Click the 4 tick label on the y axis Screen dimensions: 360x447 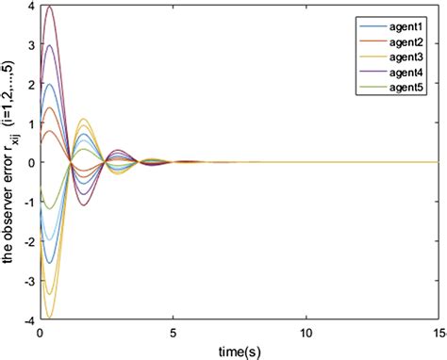pyautogui.click(x=31, y=7)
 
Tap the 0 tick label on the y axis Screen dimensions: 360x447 pyautogui.click(x=31, y=162)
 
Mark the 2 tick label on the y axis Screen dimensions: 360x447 pyautogui.click(x=31, y=84)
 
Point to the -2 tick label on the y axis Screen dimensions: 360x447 pyautogui.click(x=28, y=240)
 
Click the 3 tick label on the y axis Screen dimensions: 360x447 pyautogui.click(x=31, y=45)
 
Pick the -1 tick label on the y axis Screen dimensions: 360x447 pyautogui.click(x=28, y=201)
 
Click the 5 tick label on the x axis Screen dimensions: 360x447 pyautogui.click(x=173, y=333)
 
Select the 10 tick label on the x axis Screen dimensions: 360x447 pyautogui.click(x=306, y=333)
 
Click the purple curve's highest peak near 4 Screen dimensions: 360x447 pyautogui.click(x=49, y=8)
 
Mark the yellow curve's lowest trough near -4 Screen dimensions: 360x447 pyautogui.click(x=49, y=317)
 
